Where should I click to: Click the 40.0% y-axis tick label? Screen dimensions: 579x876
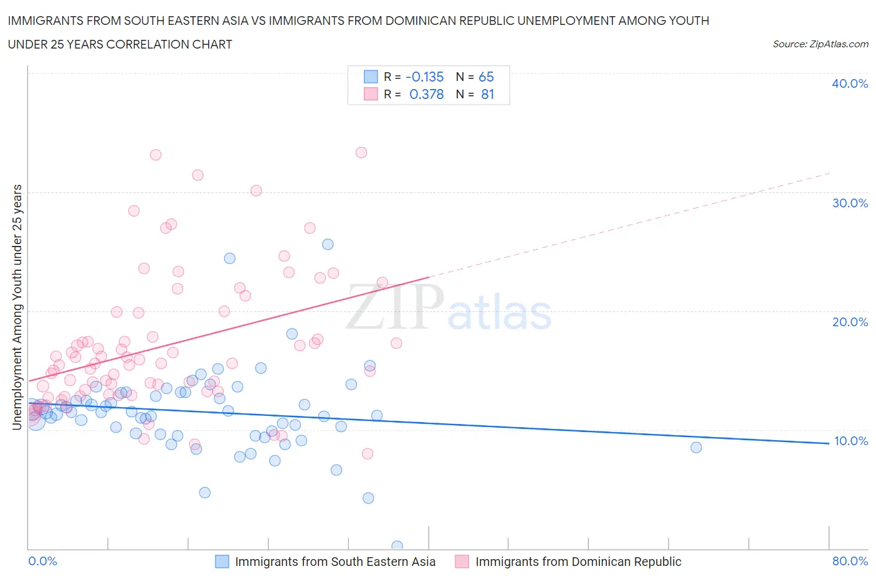[x=849, y=83]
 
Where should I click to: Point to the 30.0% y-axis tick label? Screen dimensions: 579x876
[x=849, y=203]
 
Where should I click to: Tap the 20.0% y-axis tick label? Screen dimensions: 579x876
[x=849, y=322]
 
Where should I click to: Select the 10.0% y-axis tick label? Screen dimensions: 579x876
[x=850, y=441]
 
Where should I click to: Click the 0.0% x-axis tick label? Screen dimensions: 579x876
[x=42, y=561]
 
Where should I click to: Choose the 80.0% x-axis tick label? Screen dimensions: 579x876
[x=850, y=561]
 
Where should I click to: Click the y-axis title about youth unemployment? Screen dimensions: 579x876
[x=17, y=307]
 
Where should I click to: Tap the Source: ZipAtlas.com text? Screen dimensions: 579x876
[x=820, y=44]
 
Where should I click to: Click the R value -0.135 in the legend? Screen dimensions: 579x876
[x=424, y=77]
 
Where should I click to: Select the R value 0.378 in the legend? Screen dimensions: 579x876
[x=426, y=94]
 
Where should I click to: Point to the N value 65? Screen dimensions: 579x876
[x=486, y=77]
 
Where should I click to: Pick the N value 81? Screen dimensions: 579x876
[x=487, y=94]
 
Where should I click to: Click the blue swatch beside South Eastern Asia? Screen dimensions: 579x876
[x=222, y=562]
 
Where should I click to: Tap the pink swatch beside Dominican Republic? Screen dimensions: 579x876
[x=462, y=562]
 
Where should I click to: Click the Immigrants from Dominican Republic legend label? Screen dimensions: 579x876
[x=578, y=562]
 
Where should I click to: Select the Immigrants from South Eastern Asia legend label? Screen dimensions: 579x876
[x=335, y=562]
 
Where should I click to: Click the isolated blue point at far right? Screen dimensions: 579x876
[x=696, y=447]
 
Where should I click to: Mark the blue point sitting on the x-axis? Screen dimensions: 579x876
[x=397, y=546]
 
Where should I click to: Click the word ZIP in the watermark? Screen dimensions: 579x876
[x=395, y=308]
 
